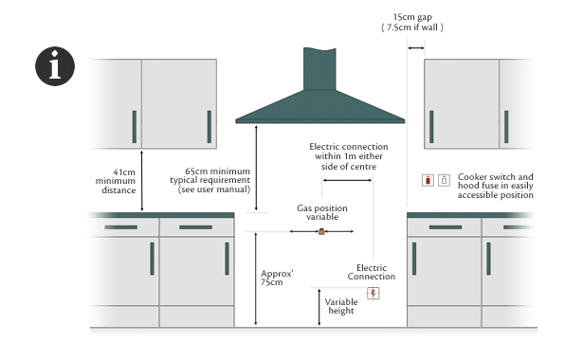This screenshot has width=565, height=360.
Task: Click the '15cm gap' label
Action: (412, 16)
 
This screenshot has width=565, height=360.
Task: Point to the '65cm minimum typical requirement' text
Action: (210, 180)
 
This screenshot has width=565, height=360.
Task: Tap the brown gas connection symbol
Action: (322, 231)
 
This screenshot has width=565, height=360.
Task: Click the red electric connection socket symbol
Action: (374, 293)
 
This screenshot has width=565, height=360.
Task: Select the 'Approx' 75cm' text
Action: (277, 277)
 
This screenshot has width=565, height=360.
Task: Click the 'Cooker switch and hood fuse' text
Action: (495, 186)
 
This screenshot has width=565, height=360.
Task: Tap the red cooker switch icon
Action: (428, 180)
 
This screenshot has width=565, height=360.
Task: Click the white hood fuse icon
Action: (444, 180)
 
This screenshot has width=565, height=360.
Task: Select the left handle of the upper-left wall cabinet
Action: (134, 125)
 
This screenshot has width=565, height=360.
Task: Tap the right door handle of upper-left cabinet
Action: (207, 125)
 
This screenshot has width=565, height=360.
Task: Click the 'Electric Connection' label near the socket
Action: (371, 271)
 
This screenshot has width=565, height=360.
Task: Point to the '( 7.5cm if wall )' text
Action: (412, 29)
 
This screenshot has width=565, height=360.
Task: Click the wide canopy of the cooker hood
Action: (319, 110)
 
